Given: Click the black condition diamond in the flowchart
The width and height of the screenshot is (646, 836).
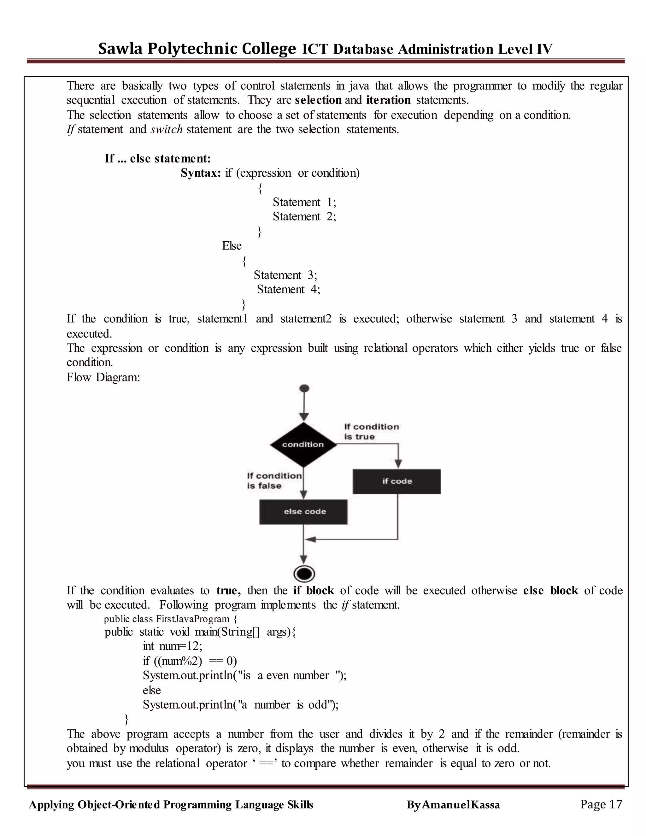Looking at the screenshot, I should pos(303,444).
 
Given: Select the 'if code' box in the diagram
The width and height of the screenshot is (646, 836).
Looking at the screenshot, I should pos(396,481).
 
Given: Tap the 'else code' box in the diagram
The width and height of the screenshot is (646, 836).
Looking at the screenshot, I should pos(303,511).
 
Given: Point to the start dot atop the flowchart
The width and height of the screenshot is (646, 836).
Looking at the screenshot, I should pos(304,388).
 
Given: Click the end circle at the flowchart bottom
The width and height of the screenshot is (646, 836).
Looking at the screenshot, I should pos(304,574).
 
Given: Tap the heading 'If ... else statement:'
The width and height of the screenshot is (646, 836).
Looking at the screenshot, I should pos(158,158).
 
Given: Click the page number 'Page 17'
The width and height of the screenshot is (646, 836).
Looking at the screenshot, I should pos(601,804).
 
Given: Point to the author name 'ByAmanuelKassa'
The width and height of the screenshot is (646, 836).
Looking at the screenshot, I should pos(453,805).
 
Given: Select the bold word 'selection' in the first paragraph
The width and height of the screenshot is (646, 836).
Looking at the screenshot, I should pos(318,100).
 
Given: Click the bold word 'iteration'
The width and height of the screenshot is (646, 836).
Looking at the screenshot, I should pos(388,100).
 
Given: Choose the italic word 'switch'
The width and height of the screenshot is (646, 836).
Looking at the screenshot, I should pos(167,129).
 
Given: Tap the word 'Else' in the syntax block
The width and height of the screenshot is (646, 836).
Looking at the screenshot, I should pos(232,246).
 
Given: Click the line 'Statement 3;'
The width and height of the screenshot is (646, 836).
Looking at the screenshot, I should pos(285,275).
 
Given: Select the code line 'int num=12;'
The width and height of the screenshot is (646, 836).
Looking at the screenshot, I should pos(172,646).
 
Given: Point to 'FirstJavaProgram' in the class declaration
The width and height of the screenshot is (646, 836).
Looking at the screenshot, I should pos(192,619).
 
